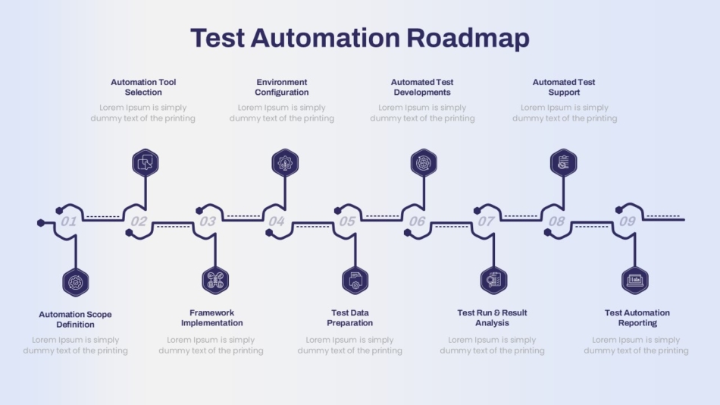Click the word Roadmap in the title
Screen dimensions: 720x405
tap(468, 39)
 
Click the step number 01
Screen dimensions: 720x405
tap(68, 221)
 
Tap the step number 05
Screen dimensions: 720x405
tap(347, 221)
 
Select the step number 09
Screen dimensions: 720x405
tap(628, 221)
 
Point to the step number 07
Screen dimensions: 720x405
tap(486, 221)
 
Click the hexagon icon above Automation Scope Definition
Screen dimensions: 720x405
tap(76, 282)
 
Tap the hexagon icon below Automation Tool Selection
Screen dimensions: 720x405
tap(146, 163)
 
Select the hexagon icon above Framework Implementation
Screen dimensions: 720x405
tap(215, 281)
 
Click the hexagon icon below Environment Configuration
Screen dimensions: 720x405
tap(285, 163)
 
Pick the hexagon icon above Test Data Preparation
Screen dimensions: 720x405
tap(355, 281)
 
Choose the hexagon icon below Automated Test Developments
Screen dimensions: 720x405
tap(424, 163)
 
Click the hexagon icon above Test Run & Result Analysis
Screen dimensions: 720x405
tap(493, 281)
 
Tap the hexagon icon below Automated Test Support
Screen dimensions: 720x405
tap(563, 163)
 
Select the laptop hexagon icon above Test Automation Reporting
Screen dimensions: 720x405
tap(635, 281)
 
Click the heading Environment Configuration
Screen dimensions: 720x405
tap(282, 87)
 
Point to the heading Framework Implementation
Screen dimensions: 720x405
tap(211, 318)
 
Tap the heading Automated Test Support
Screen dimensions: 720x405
tap(564, 87)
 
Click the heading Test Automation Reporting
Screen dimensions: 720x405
tap(637, 318)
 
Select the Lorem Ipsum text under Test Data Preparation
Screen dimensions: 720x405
tap(350, 345)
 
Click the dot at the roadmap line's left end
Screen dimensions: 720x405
tap(41, 223)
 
